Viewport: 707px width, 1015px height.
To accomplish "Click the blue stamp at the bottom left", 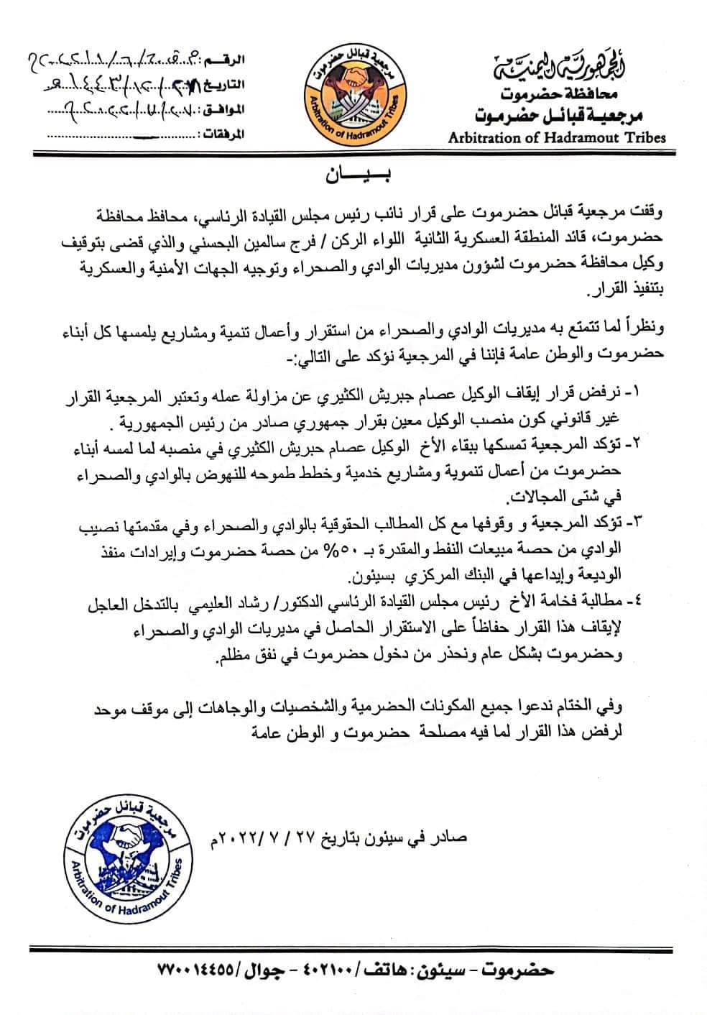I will coord(127,854).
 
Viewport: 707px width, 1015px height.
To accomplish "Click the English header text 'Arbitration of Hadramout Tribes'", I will coord(557,137).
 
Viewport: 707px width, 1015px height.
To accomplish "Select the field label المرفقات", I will coord(221,135).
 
